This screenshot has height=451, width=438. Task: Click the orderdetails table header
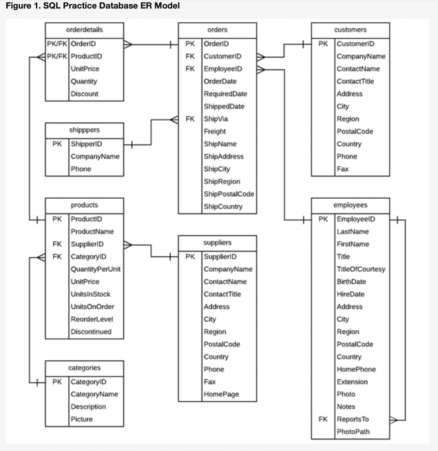[84, 30]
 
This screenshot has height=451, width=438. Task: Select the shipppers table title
[84, 130]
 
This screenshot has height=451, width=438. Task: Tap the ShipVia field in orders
[215, 119]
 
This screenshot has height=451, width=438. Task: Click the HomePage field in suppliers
[221, 395]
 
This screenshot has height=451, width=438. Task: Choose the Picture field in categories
[82, 419]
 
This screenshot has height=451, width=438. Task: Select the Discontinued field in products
[91, 332]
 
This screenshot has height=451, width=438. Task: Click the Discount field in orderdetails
[84, 94]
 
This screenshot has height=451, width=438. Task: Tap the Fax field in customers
[342, 169]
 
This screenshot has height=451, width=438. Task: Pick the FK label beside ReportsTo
[323, 419]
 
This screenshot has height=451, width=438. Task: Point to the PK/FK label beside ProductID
[57, 56]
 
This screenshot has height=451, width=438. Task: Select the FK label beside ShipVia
[190, 119]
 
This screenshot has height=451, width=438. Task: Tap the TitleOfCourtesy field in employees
[360, 269]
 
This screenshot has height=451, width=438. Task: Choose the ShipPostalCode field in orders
[229, 194]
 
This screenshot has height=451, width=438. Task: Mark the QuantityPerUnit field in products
[96, 269]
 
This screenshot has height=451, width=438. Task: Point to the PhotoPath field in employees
[353, 432]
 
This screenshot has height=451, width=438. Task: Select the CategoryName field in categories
[94, 394]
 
